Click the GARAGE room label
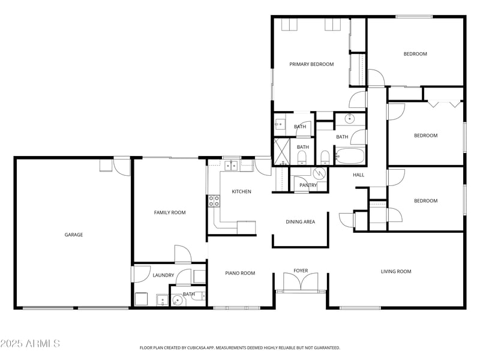tap(74, 235)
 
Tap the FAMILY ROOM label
tap(170, 212)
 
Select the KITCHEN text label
tap(242, 191)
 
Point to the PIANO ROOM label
tap(240, 273)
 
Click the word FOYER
tap(301, 271)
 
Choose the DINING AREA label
tap(301, 222)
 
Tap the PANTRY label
tap(308, 185)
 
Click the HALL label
tap(358, 175)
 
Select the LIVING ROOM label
tap(396, 272)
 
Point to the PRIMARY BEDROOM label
tap(311, 64)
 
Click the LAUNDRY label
tap(163, 275)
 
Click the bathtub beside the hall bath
tap(350, 157)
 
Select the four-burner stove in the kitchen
tap(214, 201)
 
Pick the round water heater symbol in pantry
tap(320, 173)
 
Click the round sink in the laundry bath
tap(177, 301)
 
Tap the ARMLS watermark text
tap(30, 344)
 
